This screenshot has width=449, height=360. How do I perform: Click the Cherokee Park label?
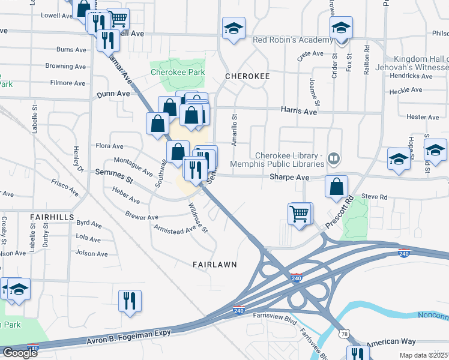178,73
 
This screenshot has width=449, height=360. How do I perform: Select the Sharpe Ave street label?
289,178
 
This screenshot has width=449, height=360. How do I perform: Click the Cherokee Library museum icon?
334,159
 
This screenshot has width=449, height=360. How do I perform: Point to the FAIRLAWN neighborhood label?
215,264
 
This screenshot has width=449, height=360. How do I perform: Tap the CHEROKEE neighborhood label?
245,77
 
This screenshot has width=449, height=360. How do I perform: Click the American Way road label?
391,341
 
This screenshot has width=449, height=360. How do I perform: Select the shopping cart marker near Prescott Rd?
299,213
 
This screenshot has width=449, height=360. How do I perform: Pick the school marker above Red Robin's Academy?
233,28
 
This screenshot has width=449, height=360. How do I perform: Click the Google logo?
20,353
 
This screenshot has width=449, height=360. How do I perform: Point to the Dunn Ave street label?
113,94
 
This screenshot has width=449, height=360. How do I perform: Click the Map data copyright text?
421,355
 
